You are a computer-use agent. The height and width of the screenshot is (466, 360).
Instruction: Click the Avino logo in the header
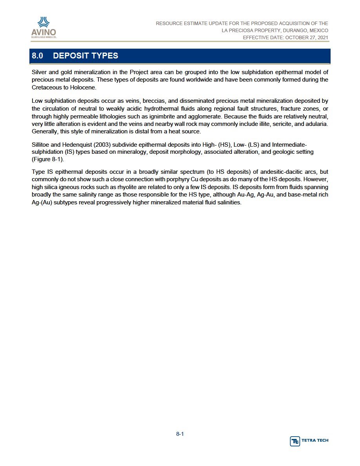44,27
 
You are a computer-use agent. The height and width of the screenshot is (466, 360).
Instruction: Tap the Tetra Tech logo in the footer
309,441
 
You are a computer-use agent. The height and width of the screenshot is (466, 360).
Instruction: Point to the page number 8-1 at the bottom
180,434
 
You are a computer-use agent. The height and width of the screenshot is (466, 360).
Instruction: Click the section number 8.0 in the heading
37,56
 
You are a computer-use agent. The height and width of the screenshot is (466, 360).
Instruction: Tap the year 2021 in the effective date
321,38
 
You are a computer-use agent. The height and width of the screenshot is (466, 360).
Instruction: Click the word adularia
316,124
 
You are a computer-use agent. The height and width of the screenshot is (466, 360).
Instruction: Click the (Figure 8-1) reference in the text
47,159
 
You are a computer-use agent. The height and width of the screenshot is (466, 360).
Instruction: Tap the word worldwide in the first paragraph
204,80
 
